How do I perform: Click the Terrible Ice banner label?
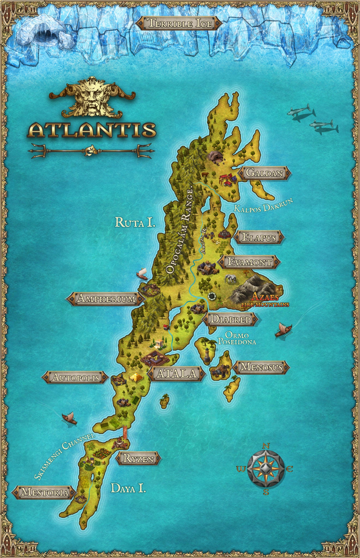pos(179,23)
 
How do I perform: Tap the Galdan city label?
pos(264,173)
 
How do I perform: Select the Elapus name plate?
pos(259,237)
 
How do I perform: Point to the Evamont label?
pos(249,262)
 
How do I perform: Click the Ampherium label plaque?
pos(106,298)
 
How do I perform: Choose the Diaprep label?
pos(230,319)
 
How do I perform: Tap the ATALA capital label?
pos(177,373)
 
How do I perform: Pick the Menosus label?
pos(261,367)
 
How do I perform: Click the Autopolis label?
pos(75,377)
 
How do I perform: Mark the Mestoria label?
pos(45,492)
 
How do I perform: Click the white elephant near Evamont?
pos(229,278)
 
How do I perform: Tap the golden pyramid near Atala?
pos(137,377)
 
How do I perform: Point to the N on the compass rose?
pos(266,446)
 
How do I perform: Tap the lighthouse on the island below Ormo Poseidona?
pos(208,354)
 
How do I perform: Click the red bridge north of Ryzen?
pos(125,433)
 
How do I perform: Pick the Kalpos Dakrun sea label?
pos(263,205)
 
